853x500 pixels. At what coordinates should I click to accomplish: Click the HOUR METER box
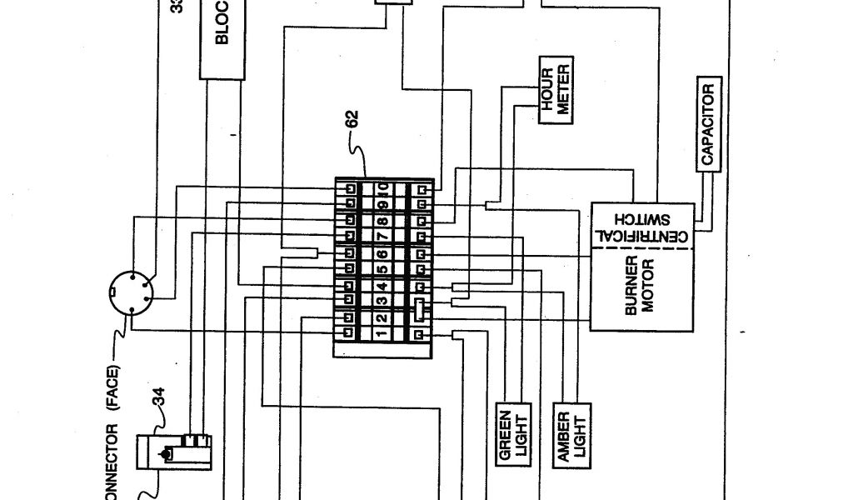tap(554, 93)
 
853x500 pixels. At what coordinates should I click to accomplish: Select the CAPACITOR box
tap(708, 124)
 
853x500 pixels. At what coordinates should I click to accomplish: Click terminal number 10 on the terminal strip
tap(382, 189)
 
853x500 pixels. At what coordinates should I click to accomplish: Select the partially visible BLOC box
tap(223, 37)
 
